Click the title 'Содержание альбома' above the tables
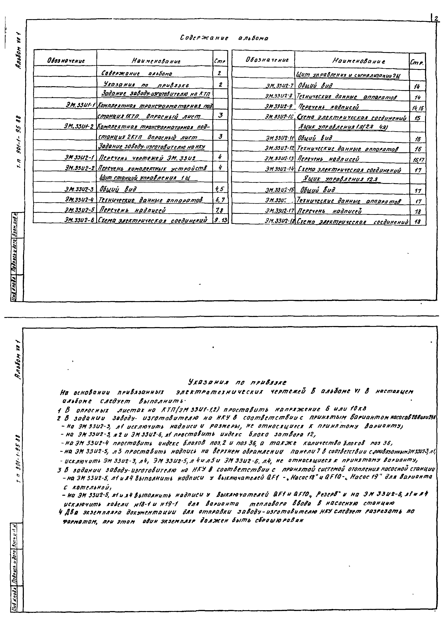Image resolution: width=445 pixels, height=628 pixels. [x=224, y=38]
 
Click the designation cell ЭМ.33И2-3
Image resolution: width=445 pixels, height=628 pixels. [x=79, y=190]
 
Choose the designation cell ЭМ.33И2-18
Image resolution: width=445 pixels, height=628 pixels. [x=279, y=221]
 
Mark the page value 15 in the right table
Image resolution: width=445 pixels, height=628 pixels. [x=417, y=118]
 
